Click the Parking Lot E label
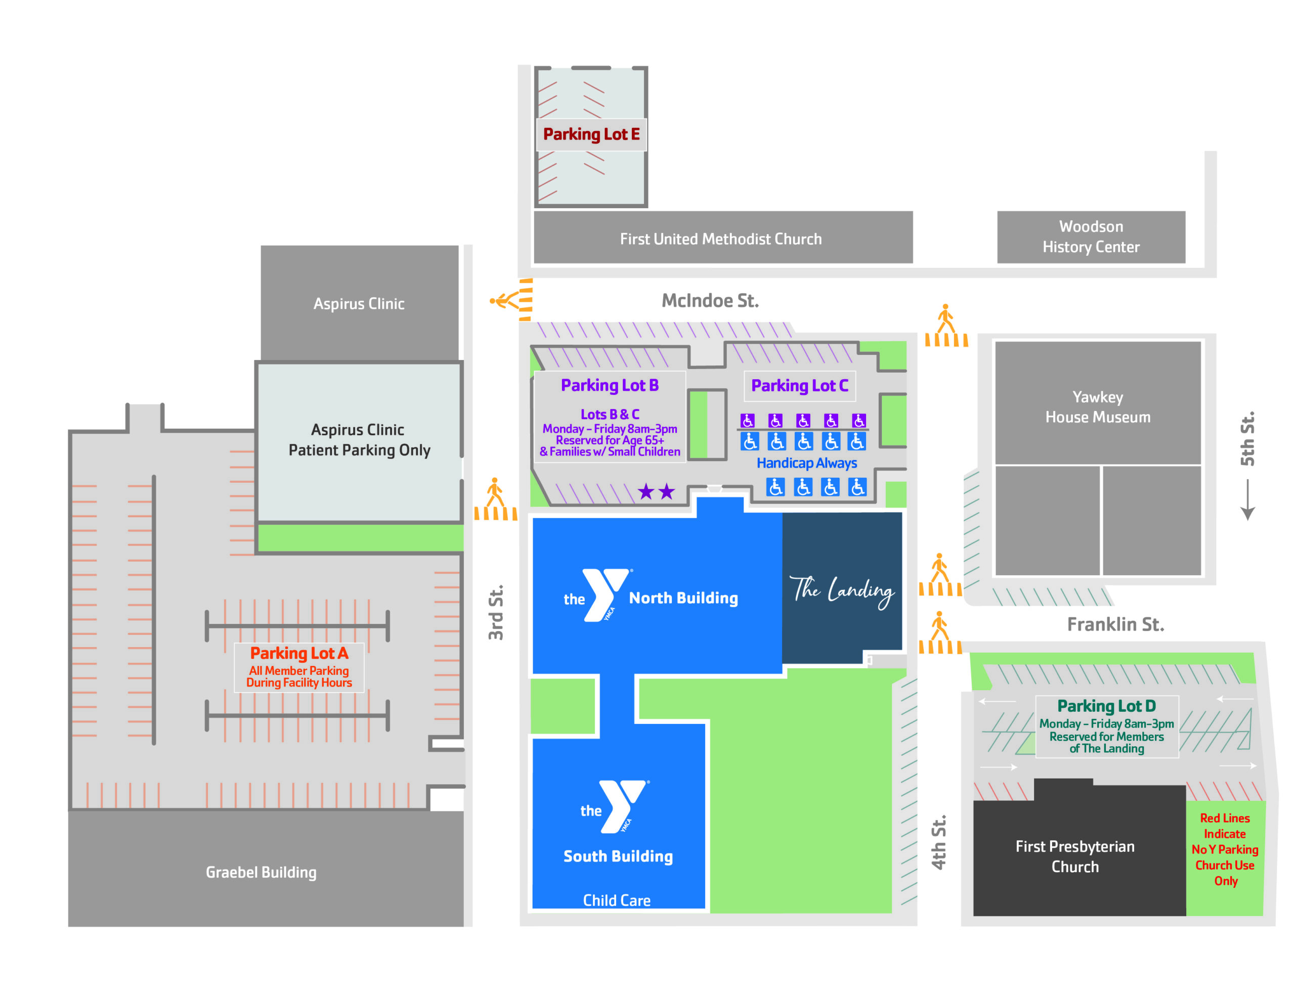[591, 134]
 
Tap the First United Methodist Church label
[720, 239]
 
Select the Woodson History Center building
[1091, 237]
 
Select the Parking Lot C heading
[799, 385]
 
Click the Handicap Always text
[806, 463]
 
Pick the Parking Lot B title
[610, 385]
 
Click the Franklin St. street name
[1115, 624]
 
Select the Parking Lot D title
[1106, 705]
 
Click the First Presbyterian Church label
[1074, 856]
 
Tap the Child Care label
[617, 900]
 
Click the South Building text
[618, 856]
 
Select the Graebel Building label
[261, 872]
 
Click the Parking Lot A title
[299, 653]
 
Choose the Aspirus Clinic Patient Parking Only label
[359, 440]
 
